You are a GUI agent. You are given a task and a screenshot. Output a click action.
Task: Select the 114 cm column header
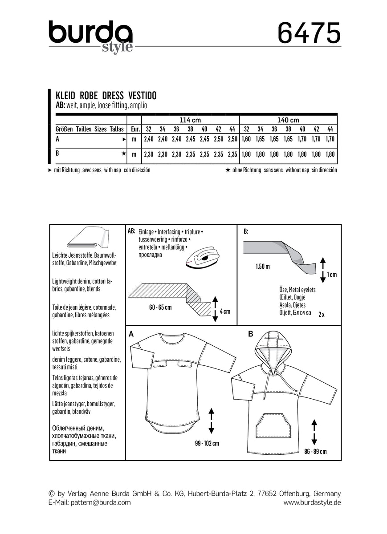[x=190, y=120]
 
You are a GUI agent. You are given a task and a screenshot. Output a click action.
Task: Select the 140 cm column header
[x=288, y=120]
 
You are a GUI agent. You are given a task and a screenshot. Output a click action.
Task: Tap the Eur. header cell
[x=134, y=129]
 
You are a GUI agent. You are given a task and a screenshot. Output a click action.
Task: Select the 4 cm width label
[x=225, y=311]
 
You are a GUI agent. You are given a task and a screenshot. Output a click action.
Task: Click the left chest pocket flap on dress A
[x=160, y=365]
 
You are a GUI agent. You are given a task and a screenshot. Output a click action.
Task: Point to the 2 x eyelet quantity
[x=322, y=314]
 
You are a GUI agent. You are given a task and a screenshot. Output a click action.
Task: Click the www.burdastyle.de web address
[x=312, y=502]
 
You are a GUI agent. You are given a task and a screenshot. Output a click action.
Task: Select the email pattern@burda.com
[x=90, y=502]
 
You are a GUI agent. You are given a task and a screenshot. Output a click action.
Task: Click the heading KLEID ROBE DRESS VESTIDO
[x=106, y=96]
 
